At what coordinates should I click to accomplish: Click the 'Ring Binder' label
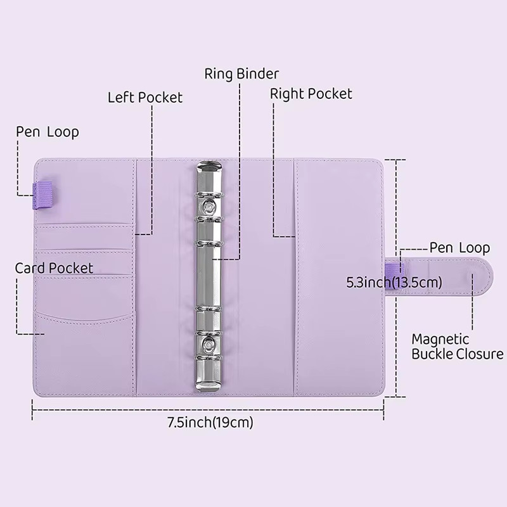[x=241, y=74]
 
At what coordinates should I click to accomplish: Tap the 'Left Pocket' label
[x=145, y=98]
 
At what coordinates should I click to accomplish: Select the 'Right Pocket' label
[x=311, y=94]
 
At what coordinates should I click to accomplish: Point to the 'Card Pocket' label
[x=54, y=268]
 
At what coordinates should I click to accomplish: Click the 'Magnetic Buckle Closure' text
[x=457, y=347]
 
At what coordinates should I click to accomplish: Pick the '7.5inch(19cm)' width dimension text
[x=210, y=422]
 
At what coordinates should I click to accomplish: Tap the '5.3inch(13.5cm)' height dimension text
[x=394, y=282]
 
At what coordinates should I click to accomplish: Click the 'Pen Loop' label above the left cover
[x=48, y=132]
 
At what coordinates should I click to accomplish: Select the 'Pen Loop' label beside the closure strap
[x=459, y=248]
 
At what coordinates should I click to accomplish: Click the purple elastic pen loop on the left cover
[x=42, y=195]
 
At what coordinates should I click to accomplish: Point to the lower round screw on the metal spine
[x=209, y=344]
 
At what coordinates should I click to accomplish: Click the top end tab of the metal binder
[x=209, y=169]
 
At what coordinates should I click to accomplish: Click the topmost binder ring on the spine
[x=209, y=195]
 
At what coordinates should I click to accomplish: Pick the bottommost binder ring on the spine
[x=209, y=358]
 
